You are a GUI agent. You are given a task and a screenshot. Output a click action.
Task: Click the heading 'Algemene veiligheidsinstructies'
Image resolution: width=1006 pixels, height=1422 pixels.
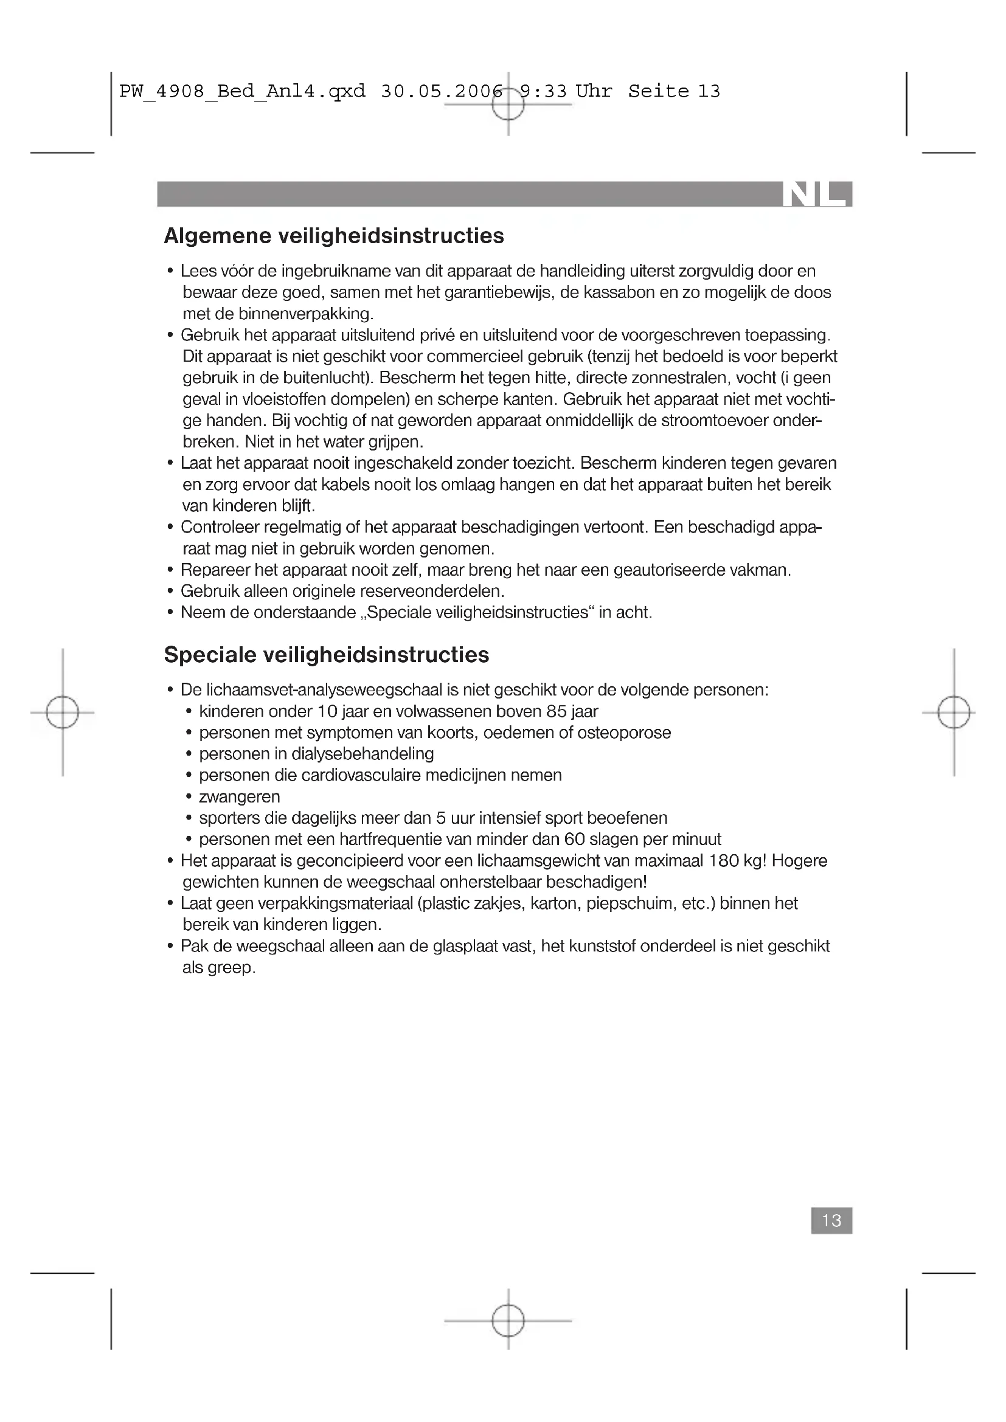pyautogui.click(x=334, y=236)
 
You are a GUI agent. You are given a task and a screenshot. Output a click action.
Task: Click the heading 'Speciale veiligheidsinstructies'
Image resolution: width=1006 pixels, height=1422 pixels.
pyautogui.click(x=327, y=655)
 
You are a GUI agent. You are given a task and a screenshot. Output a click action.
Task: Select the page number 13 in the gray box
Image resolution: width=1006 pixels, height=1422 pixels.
pyautogui.click(x=831, y=1220)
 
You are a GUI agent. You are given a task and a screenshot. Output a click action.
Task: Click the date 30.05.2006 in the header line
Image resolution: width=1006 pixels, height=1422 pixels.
pyautogui.click(x=441, y=92)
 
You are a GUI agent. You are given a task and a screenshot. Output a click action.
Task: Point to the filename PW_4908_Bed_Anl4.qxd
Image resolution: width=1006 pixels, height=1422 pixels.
pyautogui.click(x=242, y=92)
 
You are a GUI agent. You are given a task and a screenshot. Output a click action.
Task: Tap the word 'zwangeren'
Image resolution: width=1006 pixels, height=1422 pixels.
pyautogui.click(x=239, y=796)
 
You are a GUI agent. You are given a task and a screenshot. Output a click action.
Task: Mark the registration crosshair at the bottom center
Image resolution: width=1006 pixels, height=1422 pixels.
pyautogui.click(x=508, y=1320)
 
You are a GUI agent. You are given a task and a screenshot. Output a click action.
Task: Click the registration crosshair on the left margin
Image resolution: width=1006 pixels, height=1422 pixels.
pyautogui.click(x=63, y=713)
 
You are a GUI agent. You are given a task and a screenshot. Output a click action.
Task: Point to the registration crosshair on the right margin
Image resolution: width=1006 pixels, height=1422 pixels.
pyautogui.click(x=954, y=713)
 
